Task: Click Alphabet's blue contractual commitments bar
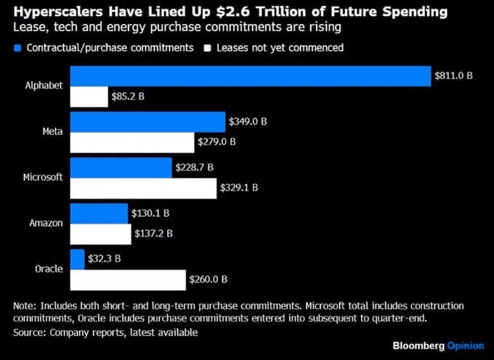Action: click(x=251, y=75)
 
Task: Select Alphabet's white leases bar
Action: click(x=89, y=97)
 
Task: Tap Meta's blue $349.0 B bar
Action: click(x=147, y=122)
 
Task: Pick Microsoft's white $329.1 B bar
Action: click(x=143, y=188)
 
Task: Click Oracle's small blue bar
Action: click(x=77, y=259)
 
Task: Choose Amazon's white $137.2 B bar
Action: click(x=100, y=234)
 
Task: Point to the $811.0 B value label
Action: click(x=453, y=75)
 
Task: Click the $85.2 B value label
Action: click(x=128, y=96)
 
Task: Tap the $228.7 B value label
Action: click(x=195, y=167)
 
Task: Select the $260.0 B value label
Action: click(x=208, y=279)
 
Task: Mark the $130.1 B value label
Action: click(x=150, y=213)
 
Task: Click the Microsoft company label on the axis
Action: click(x=43, y=177)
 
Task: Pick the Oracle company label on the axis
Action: click(x=49, y=269)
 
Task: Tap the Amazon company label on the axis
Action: click(x=46, y=223)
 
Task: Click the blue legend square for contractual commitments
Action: click(x=17, y=48)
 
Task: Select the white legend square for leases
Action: click(x=207, y=48)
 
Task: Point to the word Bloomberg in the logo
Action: click(x=418, y=345)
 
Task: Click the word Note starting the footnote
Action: click(x=25, y=306)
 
